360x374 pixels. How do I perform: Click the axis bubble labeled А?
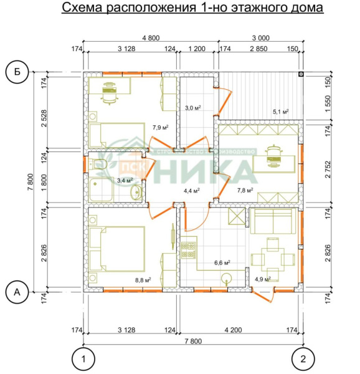(x=16, y=291)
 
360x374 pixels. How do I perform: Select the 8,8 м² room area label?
(x=144, y=279)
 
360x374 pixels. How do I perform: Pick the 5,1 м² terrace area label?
(x=281, y=112)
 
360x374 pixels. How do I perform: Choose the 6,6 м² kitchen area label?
(x=222, y=262)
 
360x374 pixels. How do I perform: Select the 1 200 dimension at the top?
(x=197, y=48)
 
